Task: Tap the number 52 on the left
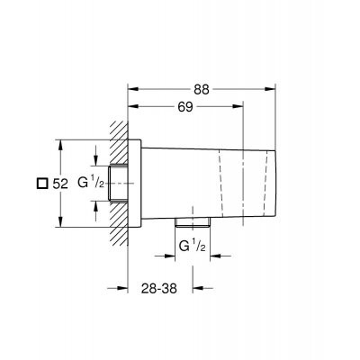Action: (x=60, y=183)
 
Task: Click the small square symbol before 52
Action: (x=40, y=183)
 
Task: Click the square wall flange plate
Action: (x=136, y=184)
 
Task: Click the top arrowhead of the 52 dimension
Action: (x=59, y=143)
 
